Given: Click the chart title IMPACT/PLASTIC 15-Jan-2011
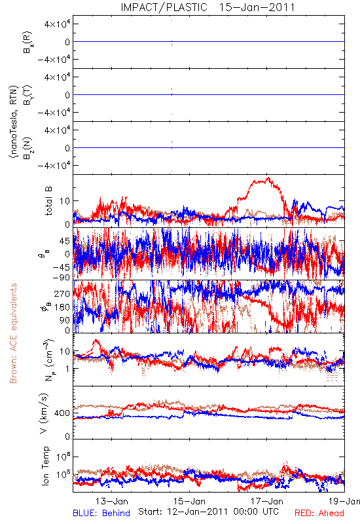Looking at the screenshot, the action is (207, 7).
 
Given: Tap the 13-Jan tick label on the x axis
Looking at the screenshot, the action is (112, 501).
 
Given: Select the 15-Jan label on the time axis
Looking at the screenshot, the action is (189, 501).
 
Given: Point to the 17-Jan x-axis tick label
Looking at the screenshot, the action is (267, 501).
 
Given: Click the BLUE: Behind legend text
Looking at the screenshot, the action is (101, 513).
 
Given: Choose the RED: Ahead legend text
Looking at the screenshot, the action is (319, 513).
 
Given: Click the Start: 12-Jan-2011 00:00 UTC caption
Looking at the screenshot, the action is (208, 512).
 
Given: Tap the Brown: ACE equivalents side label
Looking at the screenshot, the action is (13, 333).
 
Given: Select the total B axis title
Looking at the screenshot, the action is (48, 201).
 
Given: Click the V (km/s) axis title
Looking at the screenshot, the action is (44, 414).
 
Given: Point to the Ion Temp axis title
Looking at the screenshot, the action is (45, 466).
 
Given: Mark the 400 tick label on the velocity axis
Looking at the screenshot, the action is (62, 413).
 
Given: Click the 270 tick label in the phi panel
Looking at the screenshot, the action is (62, 293).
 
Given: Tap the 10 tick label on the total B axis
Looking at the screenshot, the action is (65, 201).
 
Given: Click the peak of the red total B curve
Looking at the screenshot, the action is (268, 178).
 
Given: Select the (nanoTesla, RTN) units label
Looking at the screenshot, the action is (13, 122).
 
